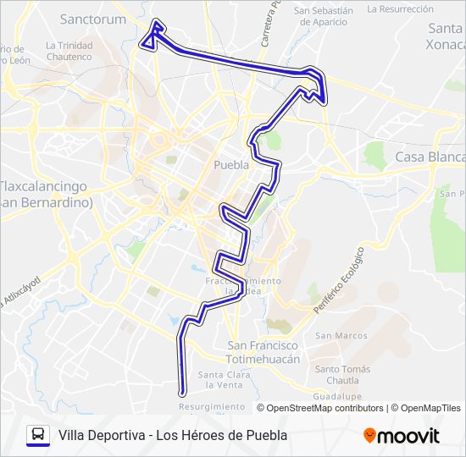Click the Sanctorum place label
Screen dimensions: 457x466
click(93, 19)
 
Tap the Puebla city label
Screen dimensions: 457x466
click(231, 165)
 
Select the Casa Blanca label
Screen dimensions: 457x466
click(430, 157)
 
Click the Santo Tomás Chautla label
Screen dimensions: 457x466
click(342, 374)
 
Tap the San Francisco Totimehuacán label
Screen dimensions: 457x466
click(264, 352)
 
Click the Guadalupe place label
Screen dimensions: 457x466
click(337, 396)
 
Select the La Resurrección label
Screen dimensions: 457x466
click(401, 8)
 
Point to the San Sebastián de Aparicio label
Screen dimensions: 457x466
click(323, 17)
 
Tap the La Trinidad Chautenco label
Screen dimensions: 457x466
click(69, 51)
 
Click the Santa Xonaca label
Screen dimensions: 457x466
click(447, 35)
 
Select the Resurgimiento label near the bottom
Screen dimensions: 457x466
click(212, 406)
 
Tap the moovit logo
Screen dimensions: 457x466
click(402, 436)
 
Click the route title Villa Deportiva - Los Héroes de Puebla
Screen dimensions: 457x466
click(173, 435)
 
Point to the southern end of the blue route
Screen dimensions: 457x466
click(182, 392)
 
